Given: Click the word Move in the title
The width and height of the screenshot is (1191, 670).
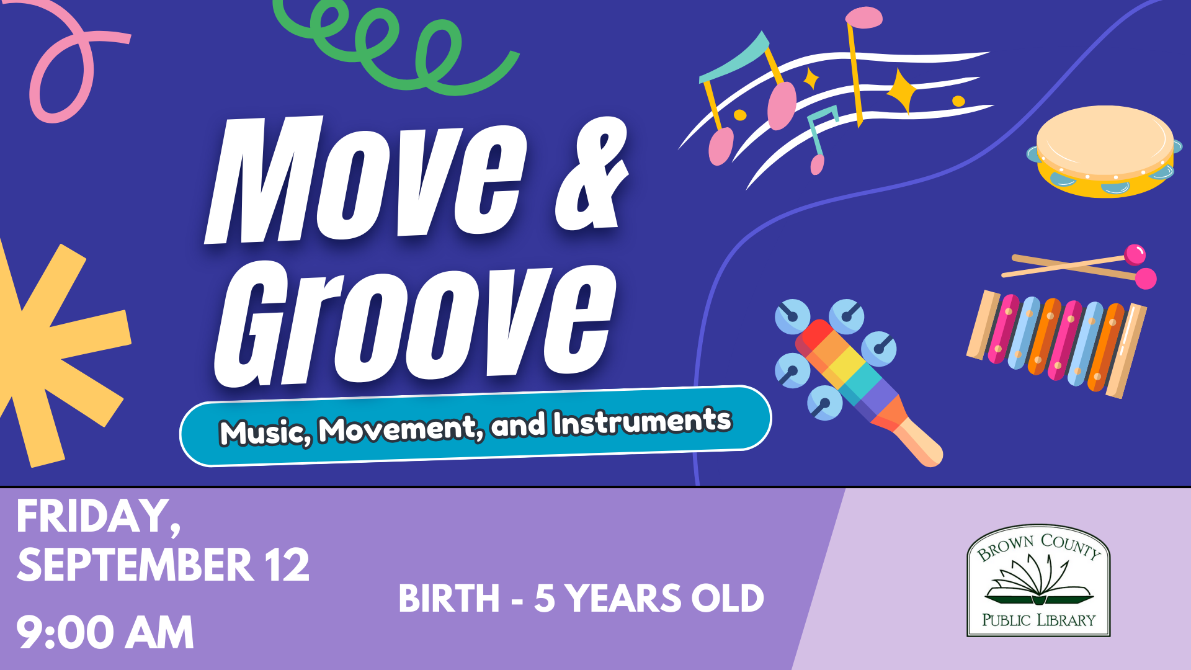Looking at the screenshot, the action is [366, 180].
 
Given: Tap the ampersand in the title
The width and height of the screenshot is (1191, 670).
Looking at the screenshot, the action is [592, 174].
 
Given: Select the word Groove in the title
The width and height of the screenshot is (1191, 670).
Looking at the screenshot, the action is [416, 323].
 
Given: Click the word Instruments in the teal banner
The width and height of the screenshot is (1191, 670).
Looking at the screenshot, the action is [643, 422].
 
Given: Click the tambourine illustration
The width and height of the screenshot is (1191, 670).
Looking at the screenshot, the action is [1104, 151].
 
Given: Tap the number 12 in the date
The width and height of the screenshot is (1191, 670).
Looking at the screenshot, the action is [286, 565].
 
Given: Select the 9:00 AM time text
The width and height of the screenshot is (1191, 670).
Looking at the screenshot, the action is [105, 633].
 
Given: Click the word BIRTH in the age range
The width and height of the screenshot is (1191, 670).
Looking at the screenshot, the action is [448, 599].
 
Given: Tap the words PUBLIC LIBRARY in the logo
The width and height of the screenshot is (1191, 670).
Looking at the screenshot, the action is [1038, 620].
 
